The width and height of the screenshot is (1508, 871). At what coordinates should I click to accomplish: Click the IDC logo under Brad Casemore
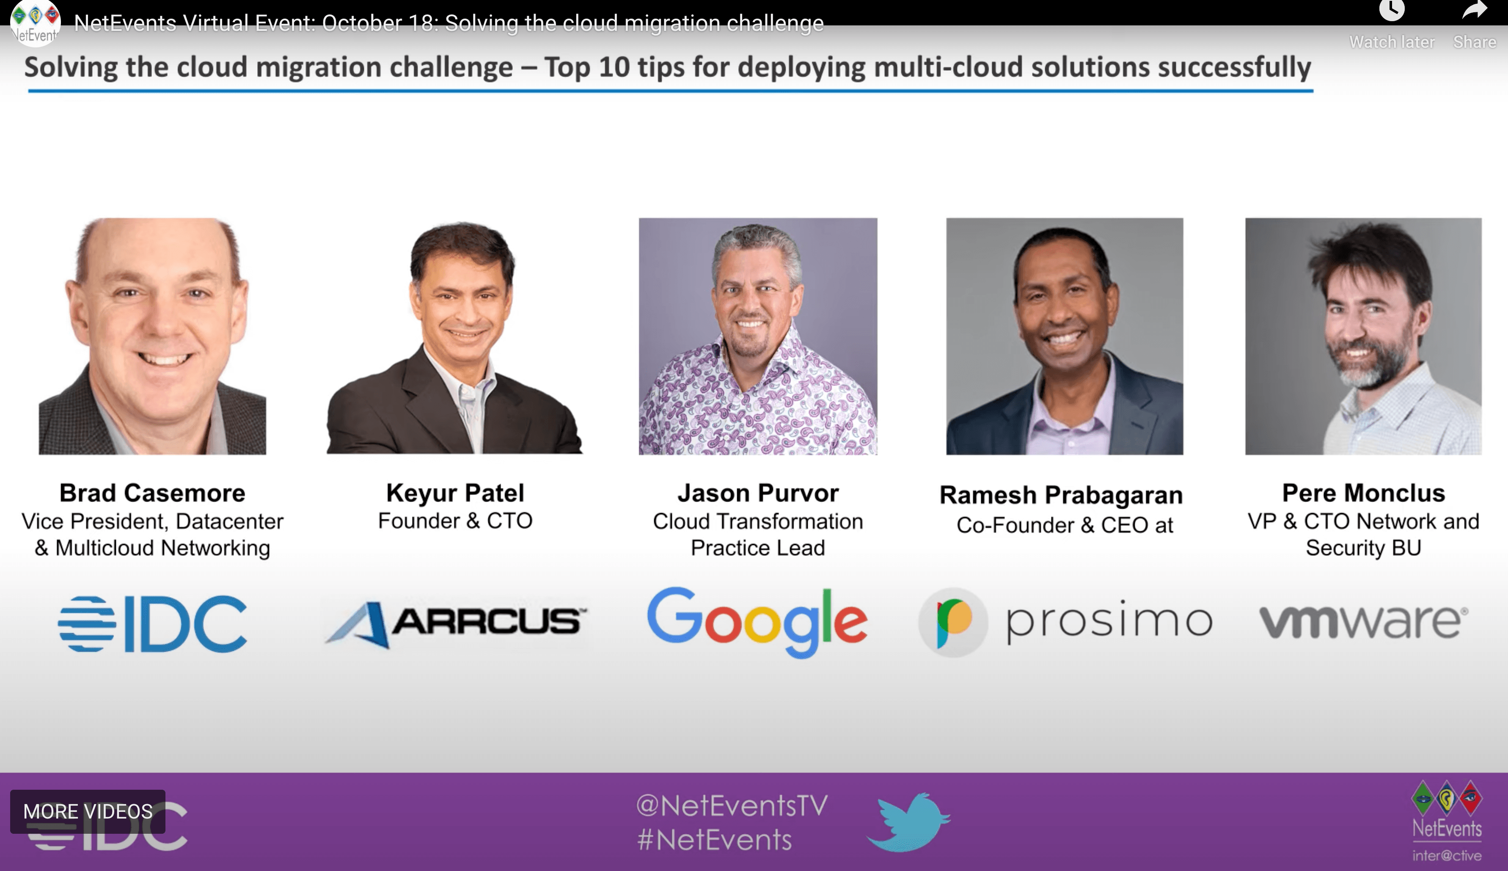click(152, 623)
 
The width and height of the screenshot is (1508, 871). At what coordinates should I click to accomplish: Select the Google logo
click(757, 622)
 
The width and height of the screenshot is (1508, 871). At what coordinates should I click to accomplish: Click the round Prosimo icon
click(953, 622)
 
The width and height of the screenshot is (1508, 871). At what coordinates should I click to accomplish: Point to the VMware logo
click(1363, 622)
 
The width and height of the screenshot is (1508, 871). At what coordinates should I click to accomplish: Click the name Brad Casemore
click(152, 493)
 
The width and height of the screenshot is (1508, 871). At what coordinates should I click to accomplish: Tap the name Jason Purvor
click(758, 493)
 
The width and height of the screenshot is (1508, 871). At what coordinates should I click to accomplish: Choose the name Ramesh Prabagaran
click(1061, 495)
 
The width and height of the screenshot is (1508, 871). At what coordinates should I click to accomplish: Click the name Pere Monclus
click(1363, 493)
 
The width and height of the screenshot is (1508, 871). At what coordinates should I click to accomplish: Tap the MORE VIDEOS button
click(88, 811)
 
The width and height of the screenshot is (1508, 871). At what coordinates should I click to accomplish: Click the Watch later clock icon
click(1392, 10)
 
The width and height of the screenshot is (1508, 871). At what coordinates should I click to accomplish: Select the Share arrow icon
click(1475, 10)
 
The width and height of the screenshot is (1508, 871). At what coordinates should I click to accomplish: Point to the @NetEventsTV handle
click(732, 806)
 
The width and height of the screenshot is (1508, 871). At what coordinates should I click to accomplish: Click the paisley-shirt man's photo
click(758, 336)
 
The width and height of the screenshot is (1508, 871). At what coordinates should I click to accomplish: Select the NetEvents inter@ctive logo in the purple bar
click(1447, 821)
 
